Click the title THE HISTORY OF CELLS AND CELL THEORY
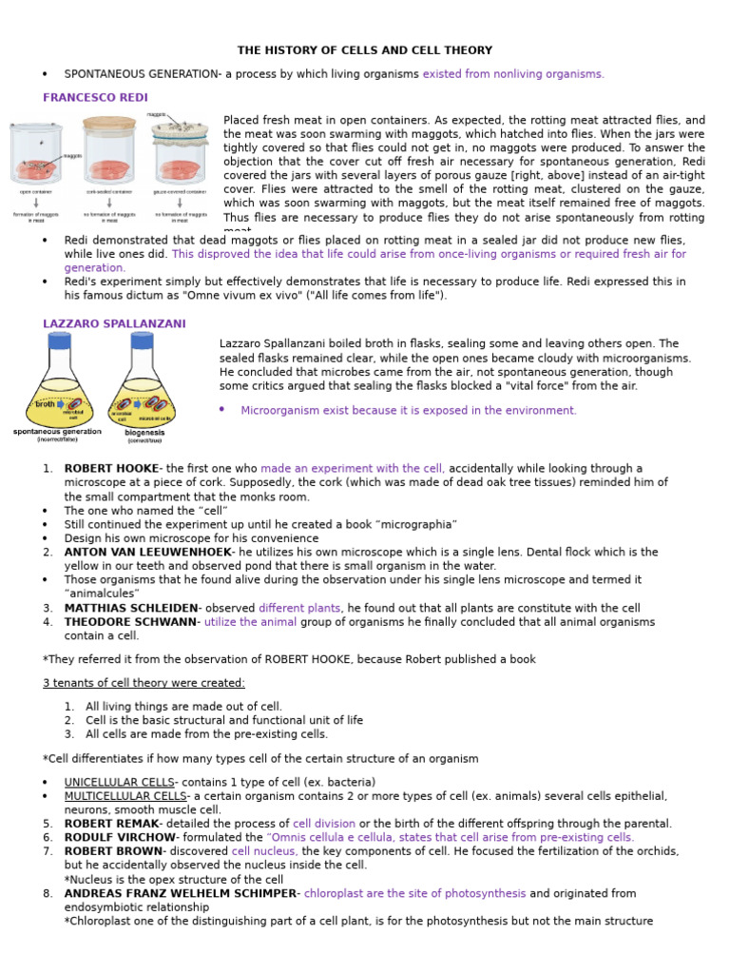[x=365, y=50]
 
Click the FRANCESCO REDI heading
[x=95, y=97]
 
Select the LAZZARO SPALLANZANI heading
[x=114, y=323]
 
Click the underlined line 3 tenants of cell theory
[x=144, y=683]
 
